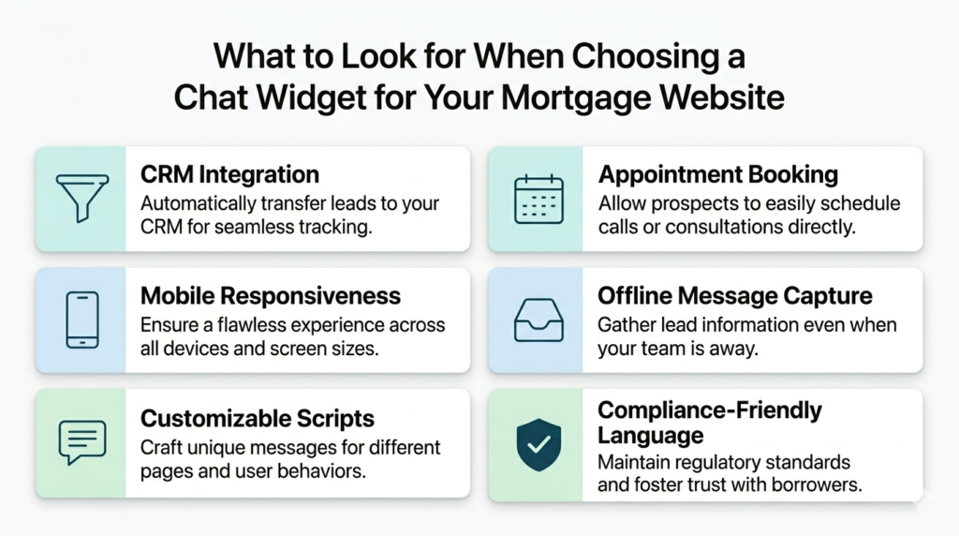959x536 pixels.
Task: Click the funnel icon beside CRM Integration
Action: click(81, 199)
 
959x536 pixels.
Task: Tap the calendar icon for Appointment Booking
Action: click(539, 199)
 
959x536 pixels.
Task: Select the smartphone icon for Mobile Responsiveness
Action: click(81, 320)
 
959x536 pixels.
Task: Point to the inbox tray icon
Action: click(539, 320)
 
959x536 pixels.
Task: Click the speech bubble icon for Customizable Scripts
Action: click(81, 442)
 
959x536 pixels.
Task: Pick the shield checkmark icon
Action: click(539, 444)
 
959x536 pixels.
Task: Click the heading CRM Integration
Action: click(229, 174)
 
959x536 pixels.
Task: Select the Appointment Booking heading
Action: click(718, 174)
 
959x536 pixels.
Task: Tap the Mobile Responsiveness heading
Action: click(271, 296)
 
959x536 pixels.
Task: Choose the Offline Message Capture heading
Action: click(735, 296)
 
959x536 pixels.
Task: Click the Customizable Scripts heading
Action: click(258, 418)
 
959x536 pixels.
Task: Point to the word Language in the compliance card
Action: click(650, 435)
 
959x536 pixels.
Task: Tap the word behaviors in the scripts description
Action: click(324, 470)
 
